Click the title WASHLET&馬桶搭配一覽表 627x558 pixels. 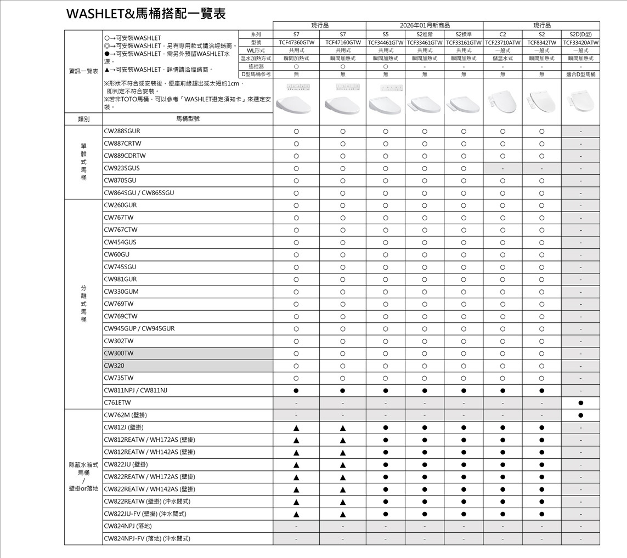(x=146, y=13)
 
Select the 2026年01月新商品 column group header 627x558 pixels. (x=425, y=25)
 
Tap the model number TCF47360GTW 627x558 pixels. (x=296, y=42)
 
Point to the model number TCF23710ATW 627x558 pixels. (x=502, y=42)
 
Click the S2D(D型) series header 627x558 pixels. (x=580, y=34)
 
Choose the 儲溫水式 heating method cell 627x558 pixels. (x=502, y=58)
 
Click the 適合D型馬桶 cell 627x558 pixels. (x=580, y=74)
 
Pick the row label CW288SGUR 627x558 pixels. (x=122, y=132)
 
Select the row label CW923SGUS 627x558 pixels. (x=122, y=168)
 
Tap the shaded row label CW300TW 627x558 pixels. (x=119, y=353)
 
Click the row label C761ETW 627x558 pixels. (x=117, y=403)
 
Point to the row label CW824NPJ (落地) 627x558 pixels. (x=128, y=526)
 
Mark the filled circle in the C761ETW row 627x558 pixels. (x=580, y=403)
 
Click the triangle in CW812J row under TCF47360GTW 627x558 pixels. (x=296, y=428)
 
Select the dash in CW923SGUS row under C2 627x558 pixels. (x=502, y=168)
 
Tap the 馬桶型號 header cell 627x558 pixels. (x=188, y=118)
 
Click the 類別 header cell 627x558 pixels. (x=83, y=118)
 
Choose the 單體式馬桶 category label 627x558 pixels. (x=83, y=162)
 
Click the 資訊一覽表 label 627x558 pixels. (x=83, y=71)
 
